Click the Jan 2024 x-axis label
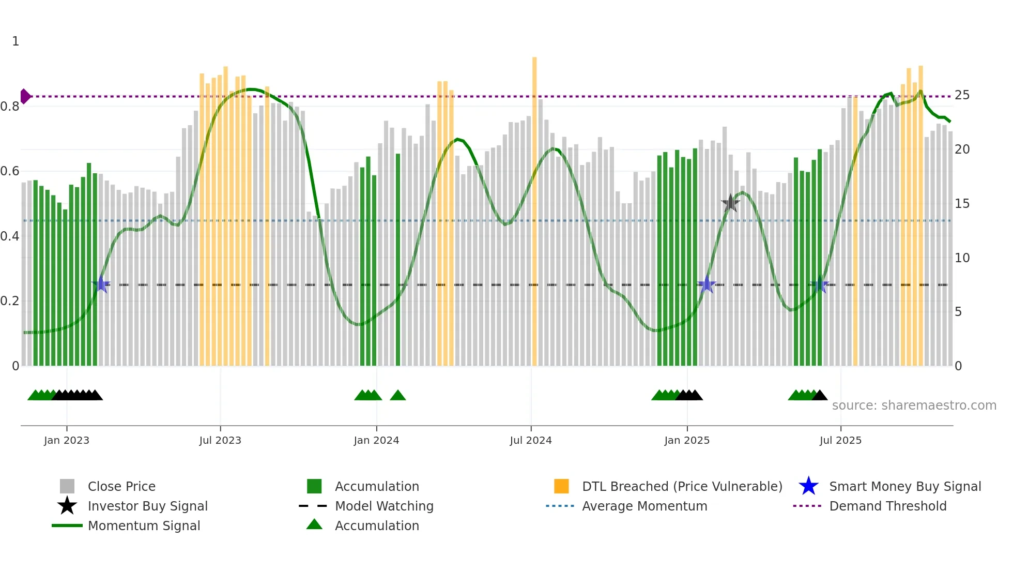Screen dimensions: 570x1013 (x=376, y=440)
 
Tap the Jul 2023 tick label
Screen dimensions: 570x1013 (x=220, y=440)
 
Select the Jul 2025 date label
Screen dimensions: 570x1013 (x=840, y=440)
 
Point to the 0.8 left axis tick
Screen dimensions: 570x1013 (x=10, y=107)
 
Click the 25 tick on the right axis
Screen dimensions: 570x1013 (x=962, y=95)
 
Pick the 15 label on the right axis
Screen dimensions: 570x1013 (x=962, y=204)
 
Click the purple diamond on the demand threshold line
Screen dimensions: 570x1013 (x=25, y=96)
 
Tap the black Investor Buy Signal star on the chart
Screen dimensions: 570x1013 (x=730, y=203)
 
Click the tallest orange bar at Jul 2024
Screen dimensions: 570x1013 (x=534, y=207)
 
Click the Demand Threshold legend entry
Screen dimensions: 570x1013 (x=887, y=506)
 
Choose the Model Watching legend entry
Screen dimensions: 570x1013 (x=383, y=506)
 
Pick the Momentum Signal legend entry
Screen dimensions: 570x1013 (x=144, y=526)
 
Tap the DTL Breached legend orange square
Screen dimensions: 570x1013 (x=561, y=486)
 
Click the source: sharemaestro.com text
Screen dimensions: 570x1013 (x=914, y=406)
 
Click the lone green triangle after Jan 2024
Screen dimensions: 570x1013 (x=397, y=396)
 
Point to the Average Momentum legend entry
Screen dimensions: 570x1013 (x=644, y=506)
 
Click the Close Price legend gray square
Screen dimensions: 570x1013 (x=67, y=486)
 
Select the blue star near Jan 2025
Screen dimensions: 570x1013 (x=707, y=284)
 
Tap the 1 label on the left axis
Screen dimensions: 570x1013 (x=16, y=41)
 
